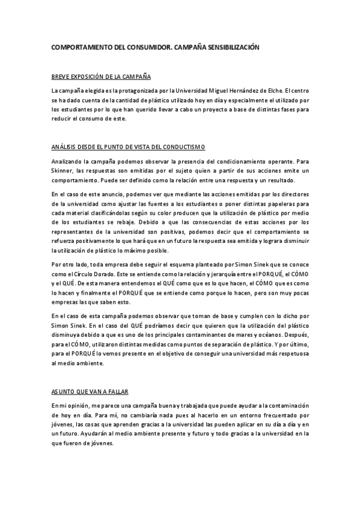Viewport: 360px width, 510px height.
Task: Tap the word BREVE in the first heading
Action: click(61, 78)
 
